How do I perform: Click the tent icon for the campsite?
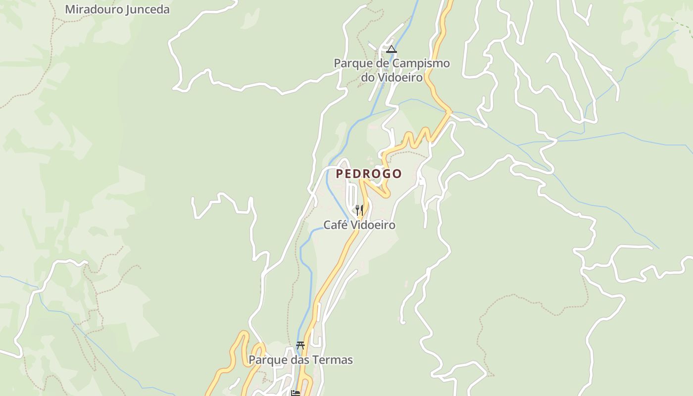392,49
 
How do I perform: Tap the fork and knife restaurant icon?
359,210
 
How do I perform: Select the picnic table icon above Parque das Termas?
300,345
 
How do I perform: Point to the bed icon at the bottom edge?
296,393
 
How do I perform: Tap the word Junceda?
147,9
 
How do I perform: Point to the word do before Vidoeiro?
368,77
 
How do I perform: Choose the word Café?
334,225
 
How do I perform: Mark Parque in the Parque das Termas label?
267,360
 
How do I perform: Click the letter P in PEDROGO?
340,174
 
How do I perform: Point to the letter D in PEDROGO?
359,174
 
